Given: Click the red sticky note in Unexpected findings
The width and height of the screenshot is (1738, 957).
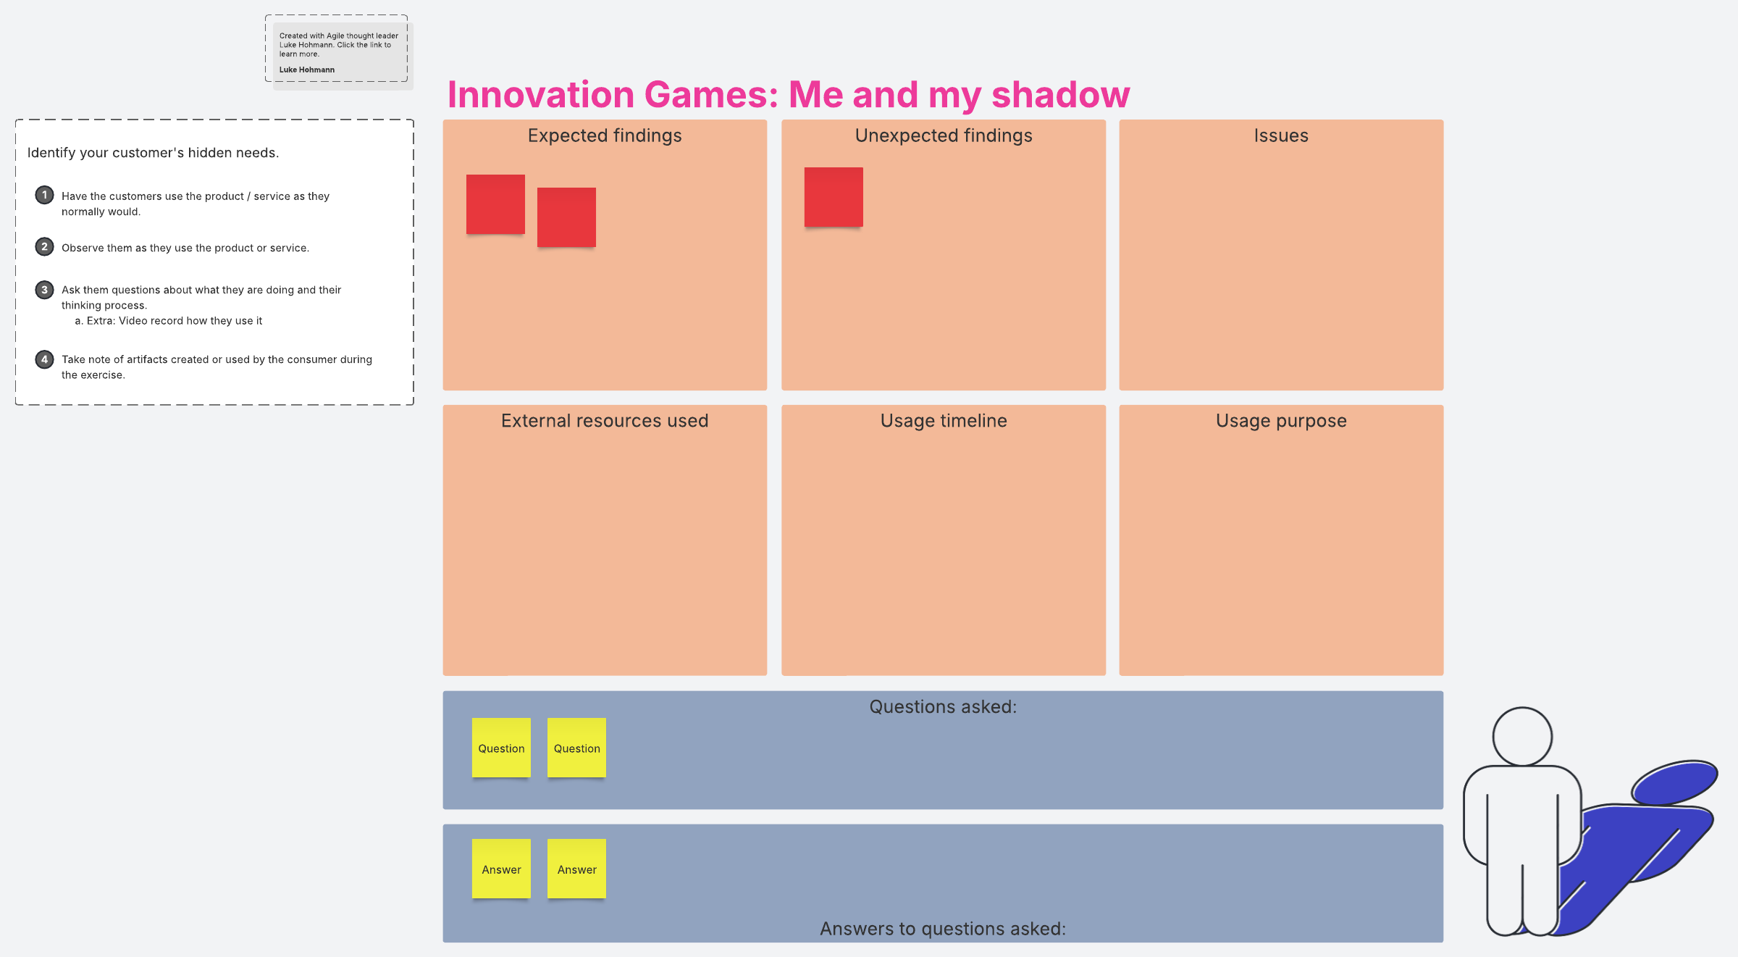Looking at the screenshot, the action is coord(834,197).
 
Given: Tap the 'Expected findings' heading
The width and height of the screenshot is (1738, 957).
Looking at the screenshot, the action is coord(605,136).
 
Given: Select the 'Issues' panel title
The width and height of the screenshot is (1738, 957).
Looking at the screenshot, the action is coord(1281,136).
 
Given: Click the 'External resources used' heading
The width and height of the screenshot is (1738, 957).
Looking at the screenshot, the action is coord(605,421).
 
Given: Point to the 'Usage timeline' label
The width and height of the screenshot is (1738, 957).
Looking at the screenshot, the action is coord(944,421).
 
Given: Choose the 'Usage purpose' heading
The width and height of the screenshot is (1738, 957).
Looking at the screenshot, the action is coord(1281,422).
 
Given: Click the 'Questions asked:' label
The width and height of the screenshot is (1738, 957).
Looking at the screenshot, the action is coord(943,707).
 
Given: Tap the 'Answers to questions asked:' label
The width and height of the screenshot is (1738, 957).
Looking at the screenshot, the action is coord(943,929).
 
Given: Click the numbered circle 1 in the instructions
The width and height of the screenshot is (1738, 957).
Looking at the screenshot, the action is coord(44,195).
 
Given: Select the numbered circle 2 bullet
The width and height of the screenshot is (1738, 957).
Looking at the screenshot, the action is coord(44,246).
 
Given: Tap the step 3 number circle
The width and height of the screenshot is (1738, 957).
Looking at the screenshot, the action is coord(44,290).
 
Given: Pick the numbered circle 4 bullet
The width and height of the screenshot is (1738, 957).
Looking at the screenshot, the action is coord(44,359).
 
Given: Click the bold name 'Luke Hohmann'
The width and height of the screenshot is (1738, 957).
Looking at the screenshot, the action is coord(307,70).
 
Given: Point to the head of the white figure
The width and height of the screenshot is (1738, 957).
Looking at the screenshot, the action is coord(1522,736).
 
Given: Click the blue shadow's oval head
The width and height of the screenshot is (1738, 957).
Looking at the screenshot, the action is coord(1674,782).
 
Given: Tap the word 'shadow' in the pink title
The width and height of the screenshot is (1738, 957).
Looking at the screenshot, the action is coord(1060,95).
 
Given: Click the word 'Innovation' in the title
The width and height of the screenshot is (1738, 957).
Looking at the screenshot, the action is coord(541,95).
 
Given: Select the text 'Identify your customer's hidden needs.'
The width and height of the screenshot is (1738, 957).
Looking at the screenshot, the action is coord(153,153).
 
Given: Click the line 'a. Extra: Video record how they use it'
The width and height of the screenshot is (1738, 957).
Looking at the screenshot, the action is coord(169,321).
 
